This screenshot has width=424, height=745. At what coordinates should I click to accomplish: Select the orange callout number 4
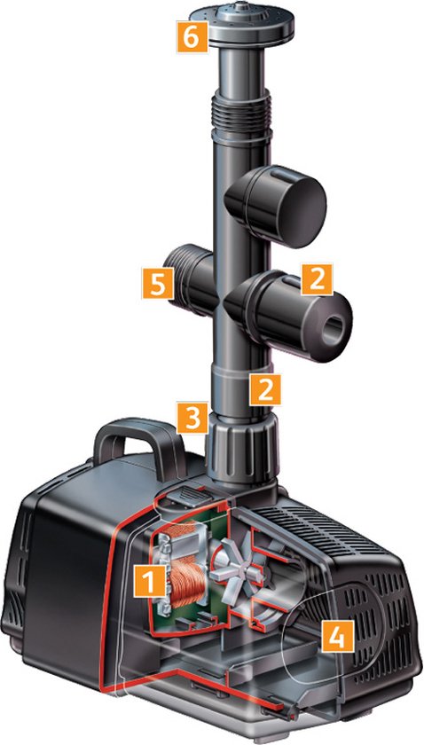(x=337, y=635)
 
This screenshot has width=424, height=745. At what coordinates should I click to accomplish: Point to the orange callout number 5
(x=157, y=283)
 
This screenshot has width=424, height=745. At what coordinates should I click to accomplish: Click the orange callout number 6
(x=192, y=35)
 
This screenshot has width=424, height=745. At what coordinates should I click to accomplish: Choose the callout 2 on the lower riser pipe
(x=265, y=389)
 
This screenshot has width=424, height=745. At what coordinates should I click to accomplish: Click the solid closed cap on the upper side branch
(x=277, y=205)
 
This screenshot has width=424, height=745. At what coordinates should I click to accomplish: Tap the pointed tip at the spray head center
(x=242, y=5)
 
